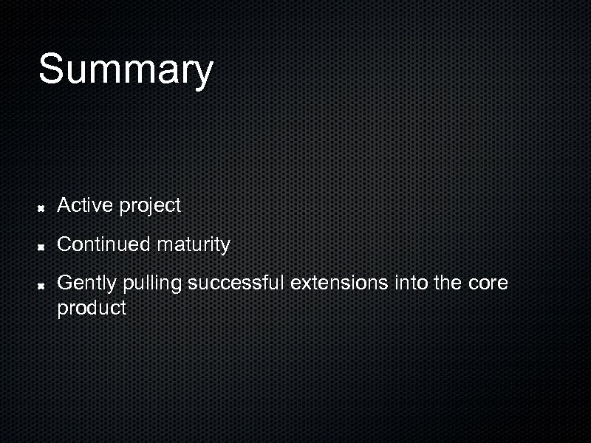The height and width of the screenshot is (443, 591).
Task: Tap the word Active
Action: click(85, 205)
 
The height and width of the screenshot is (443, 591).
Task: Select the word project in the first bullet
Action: click(150, 207)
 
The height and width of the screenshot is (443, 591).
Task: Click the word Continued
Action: click(103, 244)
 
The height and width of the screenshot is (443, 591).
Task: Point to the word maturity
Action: click(193, 245)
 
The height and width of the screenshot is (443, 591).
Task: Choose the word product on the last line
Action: click(92, 309)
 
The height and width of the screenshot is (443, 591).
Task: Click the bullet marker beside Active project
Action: click(43, 209)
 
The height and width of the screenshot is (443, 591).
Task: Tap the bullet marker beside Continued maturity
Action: click(43, 247)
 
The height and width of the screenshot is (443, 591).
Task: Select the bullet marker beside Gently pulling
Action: click(43, 285)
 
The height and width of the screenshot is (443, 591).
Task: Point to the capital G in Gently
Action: click(65, 283)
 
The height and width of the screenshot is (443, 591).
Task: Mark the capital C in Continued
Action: click(64, 244)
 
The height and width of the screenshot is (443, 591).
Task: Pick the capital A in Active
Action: click(64, 205)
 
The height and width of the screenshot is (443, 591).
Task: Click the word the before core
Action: click(448, 283)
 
